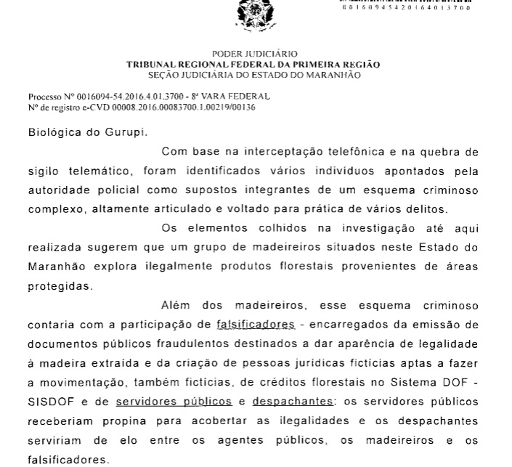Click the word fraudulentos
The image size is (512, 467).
(156, 343)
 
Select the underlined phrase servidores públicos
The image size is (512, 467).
(174, 400)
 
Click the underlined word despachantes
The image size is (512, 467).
(292, 400)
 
